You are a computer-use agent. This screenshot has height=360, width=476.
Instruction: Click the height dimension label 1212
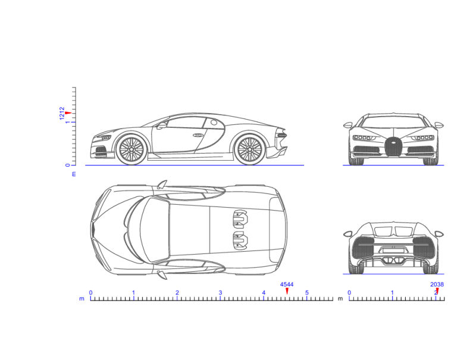point(62,113)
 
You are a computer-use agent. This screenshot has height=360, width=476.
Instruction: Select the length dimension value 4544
point(287,284)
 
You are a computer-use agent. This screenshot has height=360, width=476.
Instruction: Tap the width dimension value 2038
point(437,284)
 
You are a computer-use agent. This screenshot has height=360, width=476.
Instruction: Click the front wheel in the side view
point(131,149)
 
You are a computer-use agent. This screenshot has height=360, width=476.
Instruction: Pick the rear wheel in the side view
point(249,149)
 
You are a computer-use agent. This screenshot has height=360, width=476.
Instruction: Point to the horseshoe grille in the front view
point(393,146)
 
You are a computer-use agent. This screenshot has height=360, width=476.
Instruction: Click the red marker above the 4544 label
point(287,290)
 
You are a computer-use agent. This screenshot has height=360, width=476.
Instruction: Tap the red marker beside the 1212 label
point(68,113)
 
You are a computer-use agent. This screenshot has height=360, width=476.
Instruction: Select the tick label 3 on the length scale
point(220,293)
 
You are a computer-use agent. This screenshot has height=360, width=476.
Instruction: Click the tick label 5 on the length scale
point(307,293)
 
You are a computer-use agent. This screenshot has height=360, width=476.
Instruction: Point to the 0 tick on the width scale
point(349,293)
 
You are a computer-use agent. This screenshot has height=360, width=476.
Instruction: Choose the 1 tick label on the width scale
point(392,293)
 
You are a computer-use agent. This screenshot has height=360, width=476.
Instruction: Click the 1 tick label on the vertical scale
point(68,123)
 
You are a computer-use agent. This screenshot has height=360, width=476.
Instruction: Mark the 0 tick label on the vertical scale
point(68,165)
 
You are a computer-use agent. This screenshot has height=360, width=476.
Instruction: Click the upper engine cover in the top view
point(240,218)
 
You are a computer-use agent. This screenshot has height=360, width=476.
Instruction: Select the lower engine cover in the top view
point(240,240)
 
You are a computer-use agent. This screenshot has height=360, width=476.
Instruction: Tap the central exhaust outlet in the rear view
point(392,259)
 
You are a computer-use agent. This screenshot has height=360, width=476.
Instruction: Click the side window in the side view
point(186,123)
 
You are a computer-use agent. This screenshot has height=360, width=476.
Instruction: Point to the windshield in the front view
point(393,122)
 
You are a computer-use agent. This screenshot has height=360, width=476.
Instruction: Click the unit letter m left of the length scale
point(82,299)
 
